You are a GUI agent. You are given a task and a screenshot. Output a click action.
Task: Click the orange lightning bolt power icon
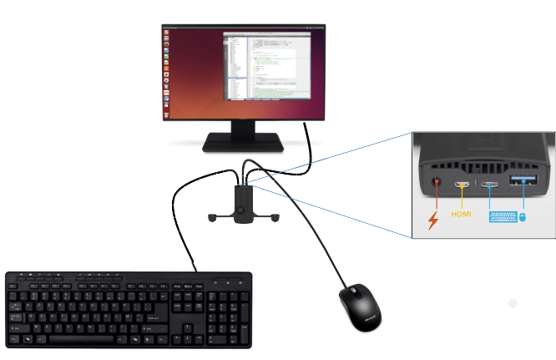(x=432, y=221)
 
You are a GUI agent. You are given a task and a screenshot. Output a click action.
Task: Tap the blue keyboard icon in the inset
(x=500, y=217)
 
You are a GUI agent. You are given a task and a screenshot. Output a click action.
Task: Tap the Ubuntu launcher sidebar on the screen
(x=168, y=71)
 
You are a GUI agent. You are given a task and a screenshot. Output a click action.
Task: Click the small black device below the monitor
(x=244, y=205)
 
